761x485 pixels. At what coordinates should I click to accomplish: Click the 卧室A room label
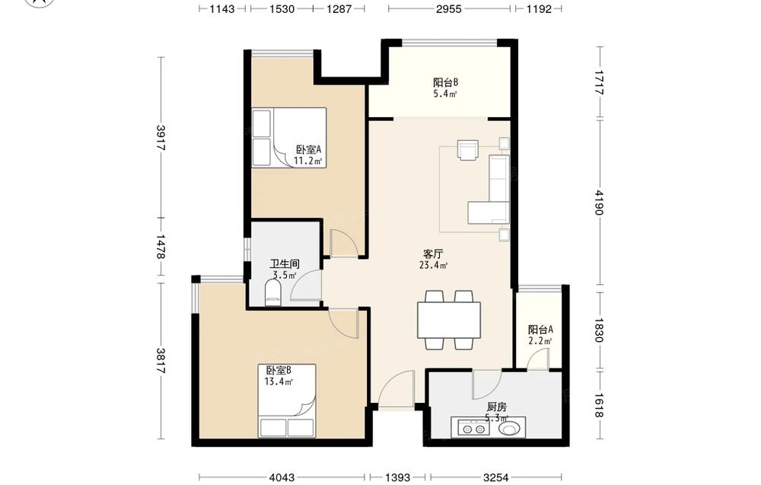coord(309,149)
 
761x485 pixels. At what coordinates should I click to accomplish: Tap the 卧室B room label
coord(279,370)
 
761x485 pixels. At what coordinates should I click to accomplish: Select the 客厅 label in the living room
coord(433,254)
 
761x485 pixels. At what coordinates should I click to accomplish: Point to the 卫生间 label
coord(285,264)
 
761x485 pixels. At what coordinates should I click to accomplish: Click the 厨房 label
coord(496,407)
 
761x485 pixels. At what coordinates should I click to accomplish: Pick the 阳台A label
coord(540,330)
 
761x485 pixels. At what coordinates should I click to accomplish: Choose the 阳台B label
coord(446,82)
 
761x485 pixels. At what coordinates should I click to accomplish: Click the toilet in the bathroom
coord(273,295)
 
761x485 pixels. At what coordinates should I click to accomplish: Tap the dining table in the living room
coord(449,321)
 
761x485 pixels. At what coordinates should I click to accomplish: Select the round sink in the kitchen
coord(510,429)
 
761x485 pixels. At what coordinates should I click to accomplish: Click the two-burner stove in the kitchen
coord(473,429)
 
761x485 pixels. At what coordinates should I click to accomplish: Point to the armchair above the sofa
coord(468,149)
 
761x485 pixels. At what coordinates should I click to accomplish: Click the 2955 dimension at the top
coord(448,8)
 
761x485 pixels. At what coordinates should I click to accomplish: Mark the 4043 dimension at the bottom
coord(282,477)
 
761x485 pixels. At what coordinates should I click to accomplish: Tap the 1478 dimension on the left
coord(161,247)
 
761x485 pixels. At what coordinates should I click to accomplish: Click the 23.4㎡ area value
coord(434,265)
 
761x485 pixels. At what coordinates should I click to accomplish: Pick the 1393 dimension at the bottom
coord(397,477)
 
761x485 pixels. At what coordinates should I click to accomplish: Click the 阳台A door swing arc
coord(535,357)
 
